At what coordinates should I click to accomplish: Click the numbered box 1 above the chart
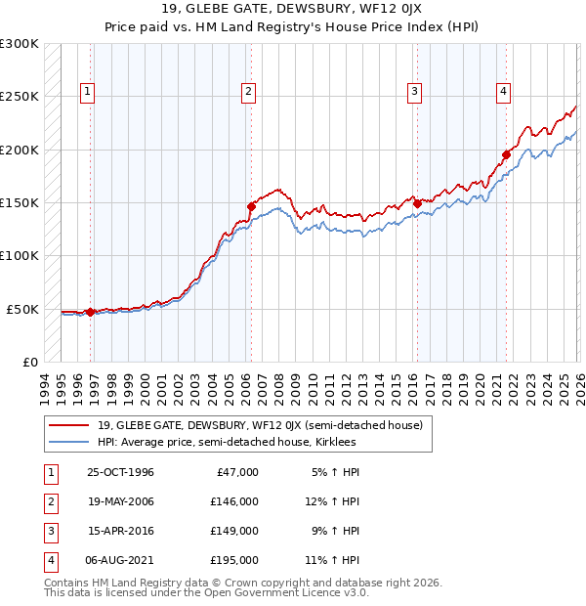(88, 92)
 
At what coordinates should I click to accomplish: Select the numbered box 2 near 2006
(249, 92)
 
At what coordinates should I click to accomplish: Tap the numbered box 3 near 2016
(414, 92)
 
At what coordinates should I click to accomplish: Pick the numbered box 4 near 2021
(504, 92)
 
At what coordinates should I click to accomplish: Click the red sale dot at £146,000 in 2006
(251, 206)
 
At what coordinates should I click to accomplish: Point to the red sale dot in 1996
(91, 312)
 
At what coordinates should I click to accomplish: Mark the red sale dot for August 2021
(507, 154)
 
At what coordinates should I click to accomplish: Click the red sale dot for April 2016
(417, 203)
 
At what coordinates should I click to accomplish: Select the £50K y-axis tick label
(23, 309)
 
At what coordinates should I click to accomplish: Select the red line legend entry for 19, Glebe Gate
(259, 425)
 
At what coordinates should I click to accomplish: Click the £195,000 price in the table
(234, 560)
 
